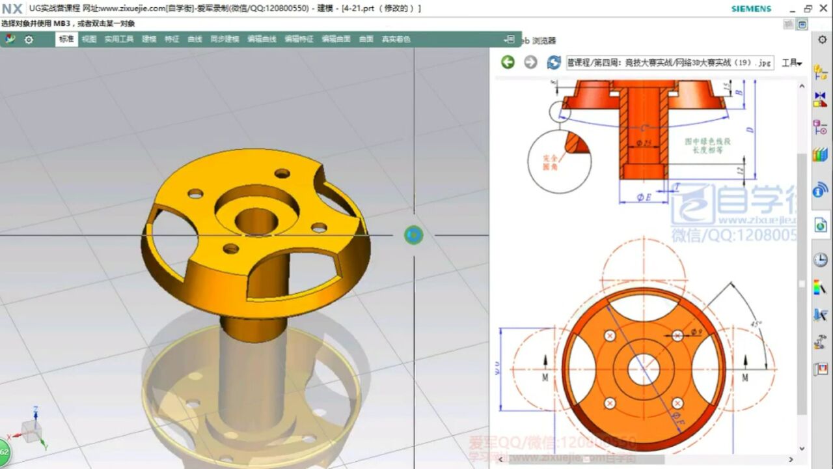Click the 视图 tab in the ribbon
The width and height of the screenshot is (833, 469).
[89, 39]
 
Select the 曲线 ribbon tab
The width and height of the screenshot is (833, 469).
[195, 39]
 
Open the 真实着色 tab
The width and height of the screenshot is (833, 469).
[396, 39]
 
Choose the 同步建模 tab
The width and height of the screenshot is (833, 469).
[225, 39]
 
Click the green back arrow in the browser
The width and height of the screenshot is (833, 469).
[508, 62]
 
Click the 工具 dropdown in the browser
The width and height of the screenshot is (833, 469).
[791, 63]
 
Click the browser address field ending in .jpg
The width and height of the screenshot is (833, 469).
[669, 63]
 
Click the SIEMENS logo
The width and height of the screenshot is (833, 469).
[751, 8]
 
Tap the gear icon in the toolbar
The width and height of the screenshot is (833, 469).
[29, 39]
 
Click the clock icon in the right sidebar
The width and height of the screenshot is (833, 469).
[820, 260]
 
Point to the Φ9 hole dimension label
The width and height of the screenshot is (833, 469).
[695, 333]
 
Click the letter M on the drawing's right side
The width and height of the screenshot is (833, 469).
[744, 377]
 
